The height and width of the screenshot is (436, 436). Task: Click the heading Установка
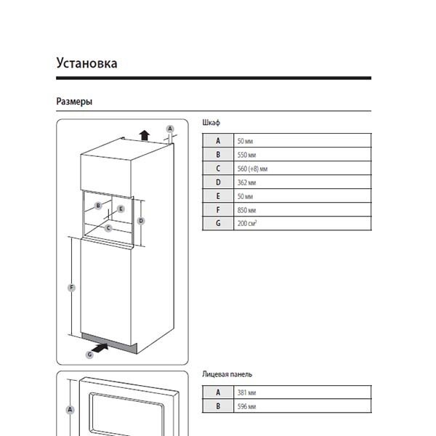[x=86, y=63]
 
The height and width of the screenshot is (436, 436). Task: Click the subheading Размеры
[x=74, y=102]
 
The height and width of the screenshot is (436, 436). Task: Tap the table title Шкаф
[x=211, y=124]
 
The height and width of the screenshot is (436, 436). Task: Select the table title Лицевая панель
[x=227, y=374]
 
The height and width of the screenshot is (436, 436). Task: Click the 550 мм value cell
[x=246, y=155]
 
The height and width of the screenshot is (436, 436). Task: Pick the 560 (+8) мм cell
[x=253, y=169]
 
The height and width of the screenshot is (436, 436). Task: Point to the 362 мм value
[x=246, y=182]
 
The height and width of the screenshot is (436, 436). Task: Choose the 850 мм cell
[x=246, y=210]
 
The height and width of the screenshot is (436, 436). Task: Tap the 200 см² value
[x=247, y=224]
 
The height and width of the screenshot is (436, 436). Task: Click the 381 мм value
[x=246, y=392]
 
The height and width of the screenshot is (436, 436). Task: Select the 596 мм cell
[x=246, y=406]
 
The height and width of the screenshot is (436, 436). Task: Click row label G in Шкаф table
[x=217, y=224]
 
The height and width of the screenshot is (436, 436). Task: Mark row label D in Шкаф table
[x=217, y=182]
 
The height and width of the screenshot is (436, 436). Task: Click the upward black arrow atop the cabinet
[x=145, y=134]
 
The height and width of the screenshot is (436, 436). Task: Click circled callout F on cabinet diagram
[x=71, y=288]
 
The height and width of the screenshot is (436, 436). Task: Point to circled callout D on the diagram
[x=142, y=220]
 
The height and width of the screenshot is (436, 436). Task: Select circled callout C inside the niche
[x=108, y=227]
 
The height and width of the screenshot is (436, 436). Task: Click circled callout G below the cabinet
[x=89, y=354]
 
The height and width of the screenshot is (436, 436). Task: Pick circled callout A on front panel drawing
[x=70, y=410]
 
